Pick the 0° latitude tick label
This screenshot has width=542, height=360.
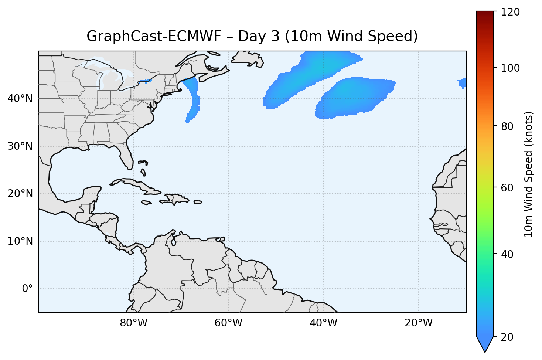[27, 289]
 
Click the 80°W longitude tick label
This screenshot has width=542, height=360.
[133, 323]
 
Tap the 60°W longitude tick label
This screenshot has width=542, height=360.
[228, 323]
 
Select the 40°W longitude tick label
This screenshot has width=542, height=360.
[323, 323]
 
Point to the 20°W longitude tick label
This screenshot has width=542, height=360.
[418, 323]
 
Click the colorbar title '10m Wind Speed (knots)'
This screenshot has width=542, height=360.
[529, 174]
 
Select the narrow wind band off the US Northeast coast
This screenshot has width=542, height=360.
[193, 98]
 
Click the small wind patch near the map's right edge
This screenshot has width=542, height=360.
[462, 83]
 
